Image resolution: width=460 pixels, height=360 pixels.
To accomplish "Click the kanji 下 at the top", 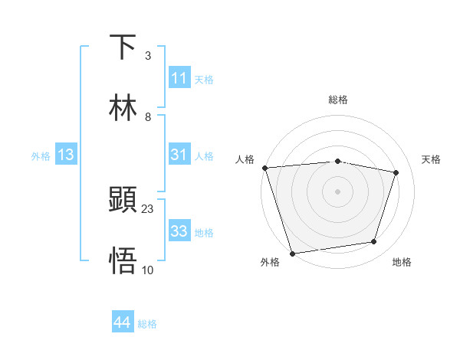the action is [x=123, y=47].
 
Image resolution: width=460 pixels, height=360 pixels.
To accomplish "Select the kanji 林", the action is [x=123, y=108].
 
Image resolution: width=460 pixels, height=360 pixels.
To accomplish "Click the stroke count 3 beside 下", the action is [x=148, y=56].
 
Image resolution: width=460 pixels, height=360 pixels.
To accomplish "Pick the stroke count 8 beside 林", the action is [x=148, y=116].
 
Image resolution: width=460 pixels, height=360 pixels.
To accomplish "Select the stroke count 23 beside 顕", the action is [x=148, y=208].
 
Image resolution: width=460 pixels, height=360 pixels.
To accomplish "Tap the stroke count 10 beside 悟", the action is [x=148, y=270].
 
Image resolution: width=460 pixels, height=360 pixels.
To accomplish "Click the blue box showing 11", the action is [x=179, y=78].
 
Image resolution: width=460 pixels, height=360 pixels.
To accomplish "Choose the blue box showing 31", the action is [x=179, y=155].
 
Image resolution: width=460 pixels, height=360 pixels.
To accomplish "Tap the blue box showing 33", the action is [x=179, y=231].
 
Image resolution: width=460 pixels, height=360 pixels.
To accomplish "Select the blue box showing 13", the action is [x=66, y=155].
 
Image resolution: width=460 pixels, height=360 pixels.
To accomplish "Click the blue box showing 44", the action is [x=123, y=323].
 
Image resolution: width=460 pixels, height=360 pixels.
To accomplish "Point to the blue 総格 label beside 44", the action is [x=147, y=324].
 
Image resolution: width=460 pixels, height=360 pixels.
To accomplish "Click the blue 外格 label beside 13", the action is [x=41, y=155].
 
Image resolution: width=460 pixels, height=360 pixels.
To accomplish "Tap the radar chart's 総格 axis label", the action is [x=337, y=100].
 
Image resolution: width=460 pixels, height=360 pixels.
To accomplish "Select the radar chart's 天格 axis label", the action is [x=431, y=159].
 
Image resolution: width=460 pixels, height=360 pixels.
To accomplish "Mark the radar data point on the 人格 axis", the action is [x=264, y=168].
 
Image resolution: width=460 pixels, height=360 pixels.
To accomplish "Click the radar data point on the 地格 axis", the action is [x=374, y=242].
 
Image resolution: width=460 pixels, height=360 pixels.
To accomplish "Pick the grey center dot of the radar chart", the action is [x=337, y=191].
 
